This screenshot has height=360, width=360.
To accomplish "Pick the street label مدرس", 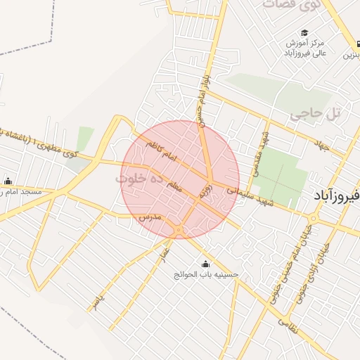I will tap(150, 217).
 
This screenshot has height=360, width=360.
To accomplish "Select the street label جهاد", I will tap(323, 146).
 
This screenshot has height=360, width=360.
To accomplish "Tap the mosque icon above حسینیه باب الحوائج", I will tap(205, 264).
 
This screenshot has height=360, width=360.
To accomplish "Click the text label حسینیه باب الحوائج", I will tap(207, 275).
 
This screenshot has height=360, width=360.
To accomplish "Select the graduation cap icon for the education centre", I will tap(304, 33).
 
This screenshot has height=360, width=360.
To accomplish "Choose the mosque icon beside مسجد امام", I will tap(8, 181).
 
